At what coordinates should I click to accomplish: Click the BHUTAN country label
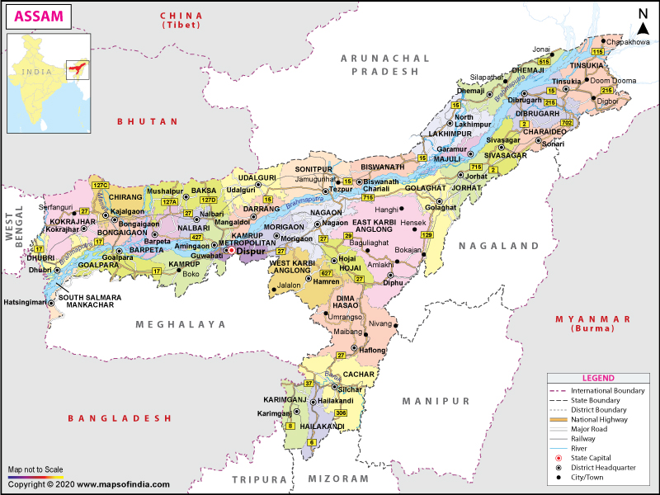point(148,121)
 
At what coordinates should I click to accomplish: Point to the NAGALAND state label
point(499,246)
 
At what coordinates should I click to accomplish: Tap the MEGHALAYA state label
point(181,325)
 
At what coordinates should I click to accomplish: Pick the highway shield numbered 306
point(341,412)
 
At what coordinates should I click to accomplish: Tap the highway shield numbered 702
point(566,123)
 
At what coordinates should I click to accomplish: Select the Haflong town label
point(372,350)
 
